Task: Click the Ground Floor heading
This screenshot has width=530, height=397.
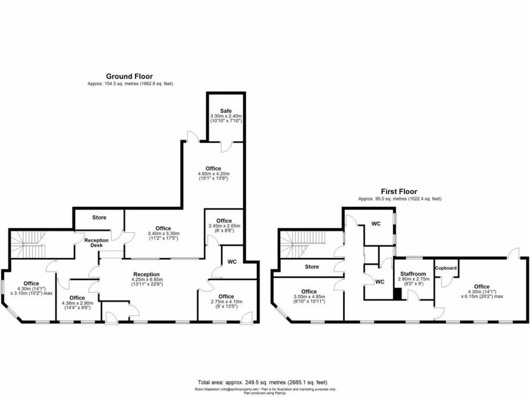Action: click(x=129, y=76)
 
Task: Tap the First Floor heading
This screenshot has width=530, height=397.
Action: click(x=399, y=191)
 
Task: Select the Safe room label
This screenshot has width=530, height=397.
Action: click(x=226, y=111)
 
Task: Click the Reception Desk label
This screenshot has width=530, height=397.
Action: click(x=97, y=243)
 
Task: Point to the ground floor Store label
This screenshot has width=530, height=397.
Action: click(x=99, y=218)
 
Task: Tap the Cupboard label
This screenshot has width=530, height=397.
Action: click(x=446, y=268)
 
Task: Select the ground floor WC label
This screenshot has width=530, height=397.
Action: click(x=231, y=262)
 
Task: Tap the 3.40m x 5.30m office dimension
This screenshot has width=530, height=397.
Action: click(x=163, y=234)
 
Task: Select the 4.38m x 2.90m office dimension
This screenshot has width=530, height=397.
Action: click(x=77, y=304)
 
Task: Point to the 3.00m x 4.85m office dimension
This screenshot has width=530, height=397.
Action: click(x=309, y=297)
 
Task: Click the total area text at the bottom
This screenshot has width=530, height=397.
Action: click(x=264, y=381)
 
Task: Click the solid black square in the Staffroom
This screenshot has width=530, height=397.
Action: click(x=397, y=294)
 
